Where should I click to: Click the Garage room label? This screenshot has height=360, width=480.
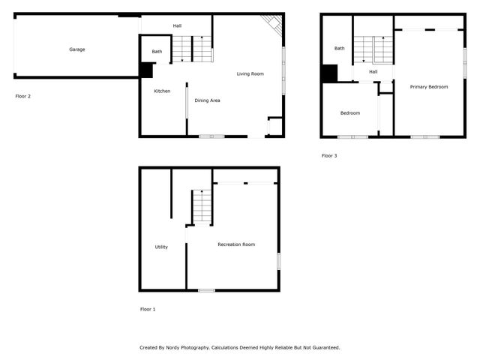[x=77, y=49]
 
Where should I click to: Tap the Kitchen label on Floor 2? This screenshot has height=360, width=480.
[x=162, y=91]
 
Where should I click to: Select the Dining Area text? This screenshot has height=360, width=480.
[x=207, y=100]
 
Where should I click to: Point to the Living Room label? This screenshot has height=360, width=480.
[x=250, y=73]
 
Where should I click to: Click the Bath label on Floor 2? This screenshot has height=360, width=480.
[x=157, y=52]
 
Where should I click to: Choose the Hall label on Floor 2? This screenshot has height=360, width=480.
[x=177, y=26]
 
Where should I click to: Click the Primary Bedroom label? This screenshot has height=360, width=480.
[x=428, y=87]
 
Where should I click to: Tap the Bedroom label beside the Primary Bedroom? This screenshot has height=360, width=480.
[x=349, y=113]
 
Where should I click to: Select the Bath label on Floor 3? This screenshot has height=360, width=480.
[x=340, y=48]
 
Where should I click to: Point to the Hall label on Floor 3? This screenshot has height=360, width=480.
[x=373, y=71]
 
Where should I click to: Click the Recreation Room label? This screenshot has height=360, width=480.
[x=236, y=244]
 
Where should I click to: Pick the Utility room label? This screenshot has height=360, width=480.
[x=161, y=247]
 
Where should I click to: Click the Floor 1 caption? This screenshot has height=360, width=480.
[x=148, y=309]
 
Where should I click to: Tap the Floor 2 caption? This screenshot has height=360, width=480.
[x=23, y=96]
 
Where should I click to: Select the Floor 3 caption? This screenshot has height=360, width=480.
[x=329, y=156]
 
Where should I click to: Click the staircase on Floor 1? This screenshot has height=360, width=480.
[x=201, y=206]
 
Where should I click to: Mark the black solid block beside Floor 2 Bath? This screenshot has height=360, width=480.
[x=145, y=70]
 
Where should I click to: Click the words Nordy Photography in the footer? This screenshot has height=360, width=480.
[x=186, y=347]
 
